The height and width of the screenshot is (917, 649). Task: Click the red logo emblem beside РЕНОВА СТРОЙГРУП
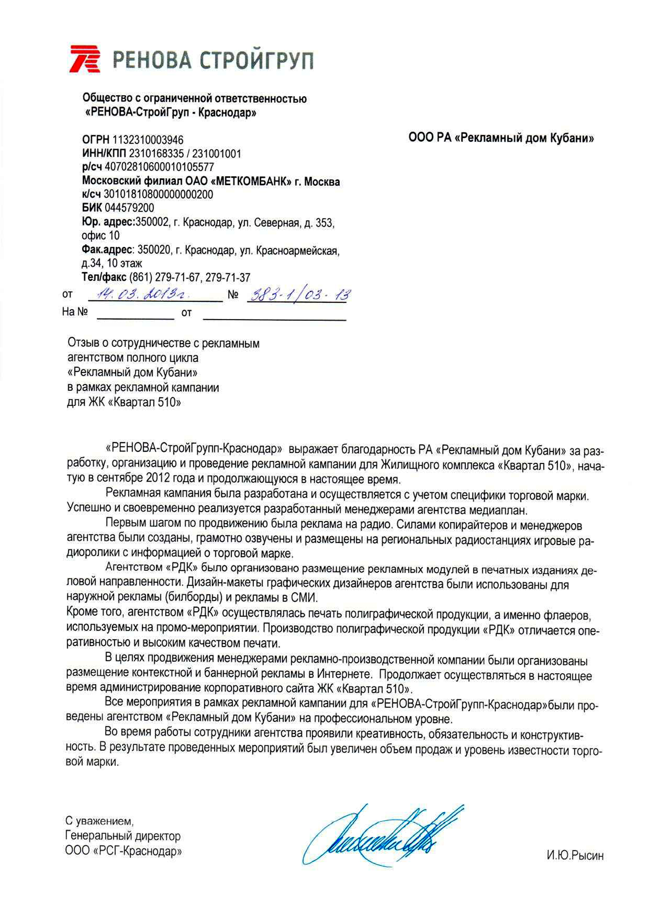pos(84,59)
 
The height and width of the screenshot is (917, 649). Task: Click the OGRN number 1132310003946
pos(148,140)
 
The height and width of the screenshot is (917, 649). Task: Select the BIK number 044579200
pos(129,207)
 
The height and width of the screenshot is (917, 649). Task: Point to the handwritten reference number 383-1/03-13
pos(299,295)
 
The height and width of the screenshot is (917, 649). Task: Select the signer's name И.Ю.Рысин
pos(575,856)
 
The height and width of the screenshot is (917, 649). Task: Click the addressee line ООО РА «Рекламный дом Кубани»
pos(501,138)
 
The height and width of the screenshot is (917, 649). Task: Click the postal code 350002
pos(152,222)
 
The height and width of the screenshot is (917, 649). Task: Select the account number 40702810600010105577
pos(159,167)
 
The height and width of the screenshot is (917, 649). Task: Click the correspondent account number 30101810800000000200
pos(158,194)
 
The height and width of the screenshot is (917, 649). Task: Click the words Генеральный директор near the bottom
pos(123,836)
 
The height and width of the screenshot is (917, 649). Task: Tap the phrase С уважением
pos(99,821)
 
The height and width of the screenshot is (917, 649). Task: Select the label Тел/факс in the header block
pos(104,277)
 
